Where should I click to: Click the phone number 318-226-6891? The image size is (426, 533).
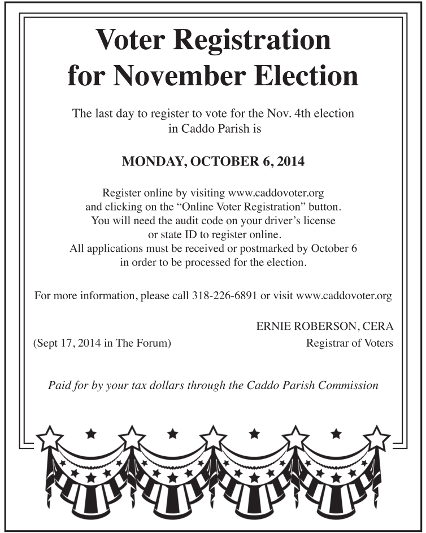(x=224, y=295)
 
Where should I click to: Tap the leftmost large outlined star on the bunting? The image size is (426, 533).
(x=50, y=438)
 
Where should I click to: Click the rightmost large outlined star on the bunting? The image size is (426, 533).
(x=376, y=438)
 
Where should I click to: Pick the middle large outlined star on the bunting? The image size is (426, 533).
(x=213, y=438)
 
